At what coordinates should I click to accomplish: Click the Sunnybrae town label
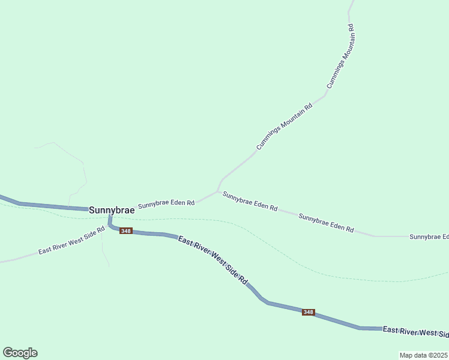pos(112,211)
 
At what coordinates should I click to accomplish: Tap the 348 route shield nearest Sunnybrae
pos(125,231)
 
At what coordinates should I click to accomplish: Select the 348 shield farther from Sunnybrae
pos(308,312)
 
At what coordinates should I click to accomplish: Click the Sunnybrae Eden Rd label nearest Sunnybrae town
pos(166,204)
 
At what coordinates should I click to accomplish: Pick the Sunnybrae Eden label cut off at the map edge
pos(429,237)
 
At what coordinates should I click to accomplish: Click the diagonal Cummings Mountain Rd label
pos(285,127)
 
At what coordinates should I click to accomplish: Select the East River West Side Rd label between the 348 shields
pos(213,259)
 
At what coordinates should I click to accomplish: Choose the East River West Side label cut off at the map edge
pos(415,331)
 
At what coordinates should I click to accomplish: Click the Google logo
pos(20,353)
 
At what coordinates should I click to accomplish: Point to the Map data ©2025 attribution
pos(423,355)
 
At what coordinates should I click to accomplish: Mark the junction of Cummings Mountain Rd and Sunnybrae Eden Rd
pos(217,191)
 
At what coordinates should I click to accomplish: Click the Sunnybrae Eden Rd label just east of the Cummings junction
pos(250,200)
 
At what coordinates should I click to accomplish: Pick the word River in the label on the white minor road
pos(62,245)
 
